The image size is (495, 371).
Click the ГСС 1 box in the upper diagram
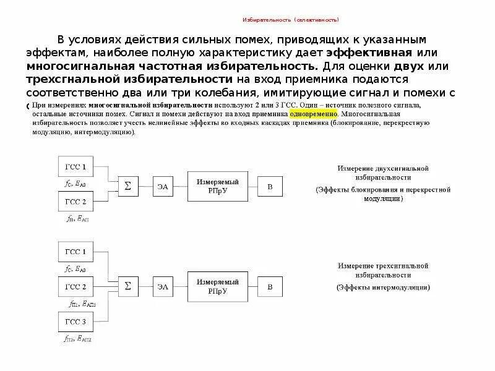click(x=75, y=167)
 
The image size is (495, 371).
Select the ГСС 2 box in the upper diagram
click(x=75, y=202)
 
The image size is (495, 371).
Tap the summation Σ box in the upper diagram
click(x=128, y=185)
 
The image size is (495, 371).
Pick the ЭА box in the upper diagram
click(x=161, y=185)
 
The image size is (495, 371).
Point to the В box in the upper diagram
click(x=269, y=185)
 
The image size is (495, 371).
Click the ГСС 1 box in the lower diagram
click(x=75, y=252)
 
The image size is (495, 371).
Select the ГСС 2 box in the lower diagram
click(x=75, y=287)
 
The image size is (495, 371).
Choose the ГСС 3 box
click(x=75, y=322)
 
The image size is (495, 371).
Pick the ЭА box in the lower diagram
click(x=161, y=287)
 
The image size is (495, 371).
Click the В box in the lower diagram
click(x=269, y=287)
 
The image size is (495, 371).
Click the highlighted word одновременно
click(x=313, y=114)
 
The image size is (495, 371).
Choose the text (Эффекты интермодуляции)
click(x=383, y=288)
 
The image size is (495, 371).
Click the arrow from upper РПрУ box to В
click(x=249, y=185)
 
